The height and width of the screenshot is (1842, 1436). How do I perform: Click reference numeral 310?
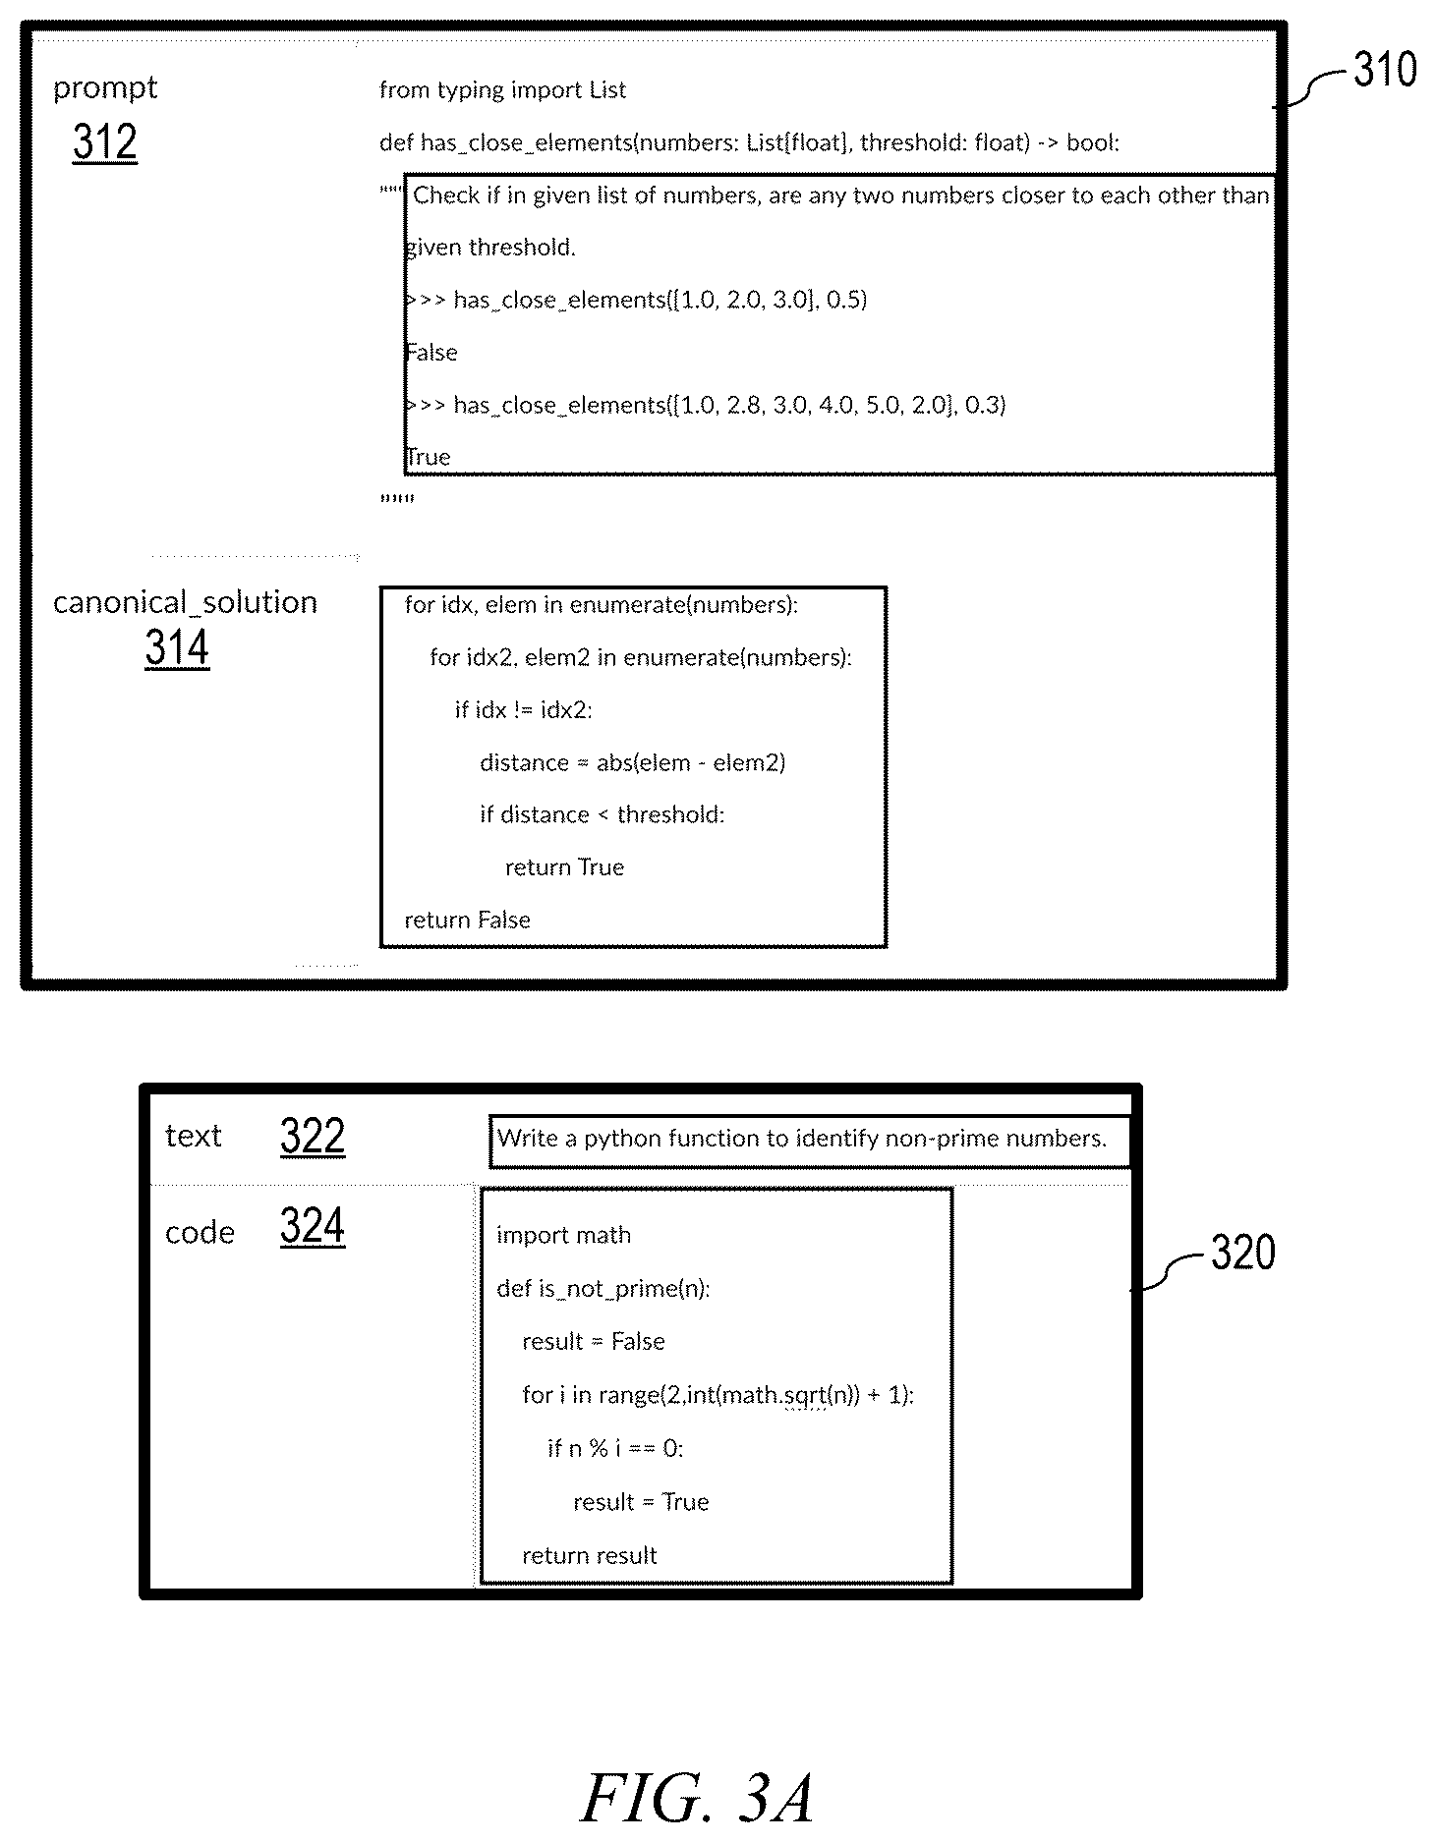coord(1385,70)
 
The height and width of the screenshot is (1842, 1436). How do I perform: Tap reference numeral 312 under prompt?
coord(105,142)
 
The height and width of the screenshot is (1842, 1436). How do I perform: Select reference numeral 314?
coord(177,648)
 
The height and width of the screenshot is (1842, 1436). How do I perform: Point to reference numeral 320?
coord(1243,1253)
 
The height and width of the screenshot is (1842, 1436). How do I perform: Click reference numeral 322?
coord(313,1137)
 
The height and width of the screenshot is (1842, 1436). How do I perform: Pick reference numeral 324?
coord(313,1226)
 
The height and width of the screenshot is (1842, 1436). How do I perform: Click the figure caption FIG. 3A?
coord(697,1797)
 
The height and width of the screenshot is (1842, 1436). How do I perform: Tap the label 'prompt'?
coord(105,88)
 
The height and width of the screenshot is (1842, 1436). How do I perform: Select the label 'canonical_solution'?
coord(185,601)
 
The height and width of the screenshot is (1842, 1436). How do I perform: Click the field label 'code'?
coord(200,1232)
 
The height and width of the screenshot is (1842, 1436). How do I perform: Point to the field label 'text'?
coord(193,1136)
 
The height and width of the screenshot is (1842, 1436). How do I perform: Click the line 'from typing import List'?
coord(502,90)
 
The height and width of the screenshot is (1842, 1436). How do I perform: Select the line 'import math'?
coord(563,1235)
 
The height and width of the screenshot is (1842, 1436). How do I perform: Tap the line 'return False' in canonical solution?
coord(467,920)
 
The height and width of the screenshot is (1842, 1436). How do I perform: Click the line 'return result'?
coord(589,1555)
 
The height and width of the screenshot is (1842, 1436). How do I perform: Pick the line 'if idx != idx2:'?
coord(523,709)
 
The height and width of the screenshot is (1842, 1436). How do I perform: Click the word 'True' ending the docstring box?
coord(429,457)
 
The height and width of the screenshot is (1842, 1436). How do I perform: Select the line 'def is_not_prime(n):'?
coord(603,1288)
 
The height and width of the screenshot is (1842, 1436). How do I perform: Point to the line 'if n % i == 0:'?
coord(615,1448)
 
